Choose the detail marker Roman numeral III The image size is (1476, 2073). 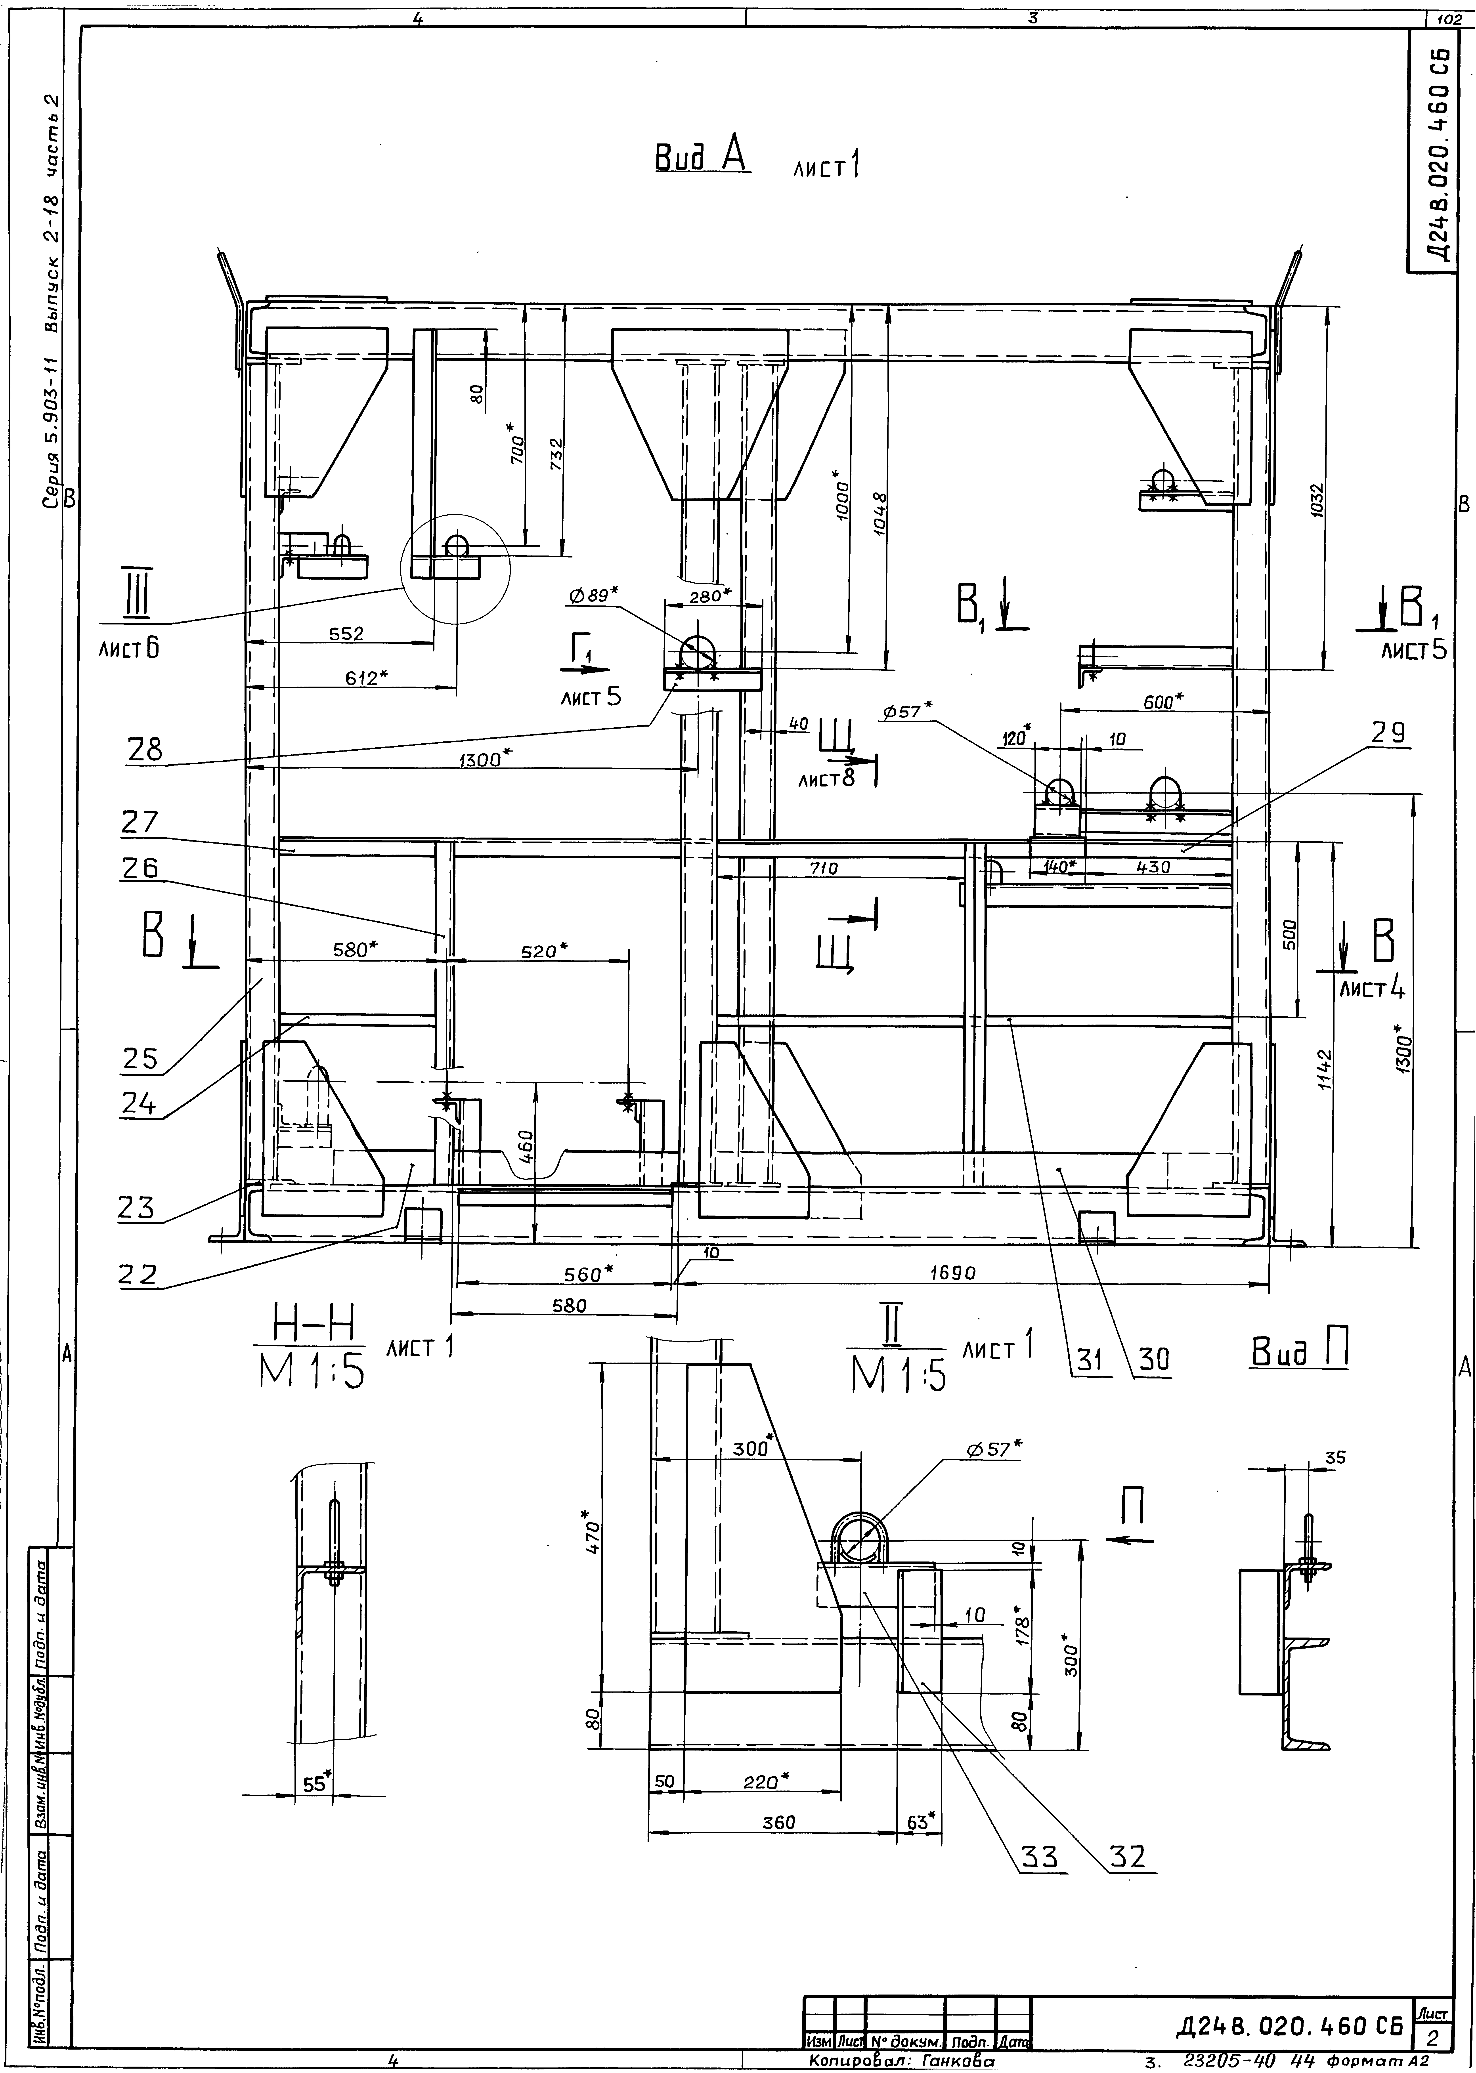point(138,591)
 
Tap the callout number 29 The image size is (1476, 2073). point(1388,733)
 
